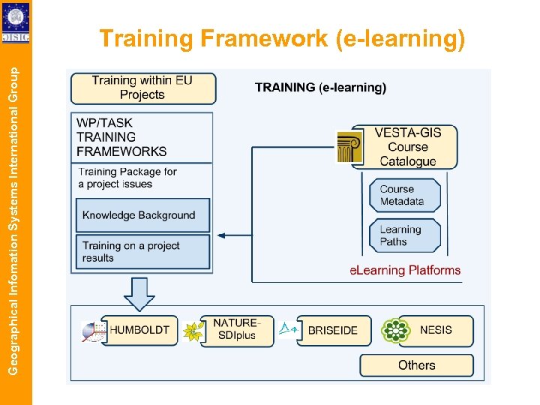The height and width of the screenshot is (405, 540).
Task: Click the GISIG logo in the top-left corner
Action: coord(16,22)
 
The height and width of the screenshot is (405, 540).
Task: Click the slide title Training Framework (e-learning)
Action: coord(282,39)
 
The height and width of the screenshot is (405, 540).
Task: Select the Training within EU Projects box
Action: coord(142,88)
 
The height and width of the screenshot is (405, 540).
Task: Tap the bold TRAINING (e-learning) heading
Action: coord(320,88)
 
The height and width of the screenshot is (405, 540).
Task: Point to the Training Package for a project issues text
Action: coord(127,178)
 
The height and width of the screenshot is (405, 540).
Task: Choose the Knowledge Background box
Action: coord(143,215)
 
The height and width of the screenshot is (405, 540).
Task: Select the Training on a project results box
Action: coord(143,252)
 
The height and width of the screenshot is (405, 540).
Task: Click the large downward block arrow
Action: coord(139,293)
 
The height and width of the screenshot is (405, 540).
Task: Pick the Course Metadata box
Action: coord(404,195)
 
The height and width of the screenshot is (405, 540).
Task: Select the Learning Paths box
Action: coord(404,235)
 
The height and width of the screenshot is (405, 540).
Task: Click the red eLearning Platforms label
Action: coord(405,270)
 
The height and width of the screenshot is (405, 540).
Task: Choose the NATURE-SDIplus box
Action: coord(234,330)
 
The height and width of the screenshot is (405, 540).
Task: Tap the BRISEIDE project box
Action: coord(333,330)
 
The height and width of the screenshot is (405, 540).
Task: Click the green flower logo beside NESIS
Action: coord(395,331)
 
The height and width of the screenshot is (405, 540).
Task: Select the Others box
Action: coord(416,365)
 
